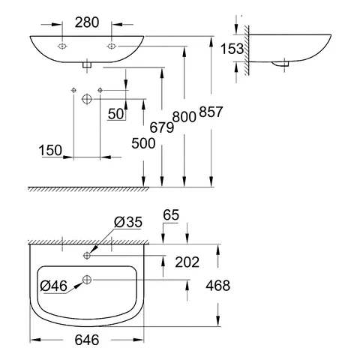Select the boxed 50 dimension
coord(115,113)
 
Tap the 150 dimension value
coord(51,151)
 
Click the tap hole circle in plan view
coord(88,256)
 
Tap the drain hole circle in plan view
coord(87,281)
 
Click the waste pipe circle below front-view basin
coord(87,98)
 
